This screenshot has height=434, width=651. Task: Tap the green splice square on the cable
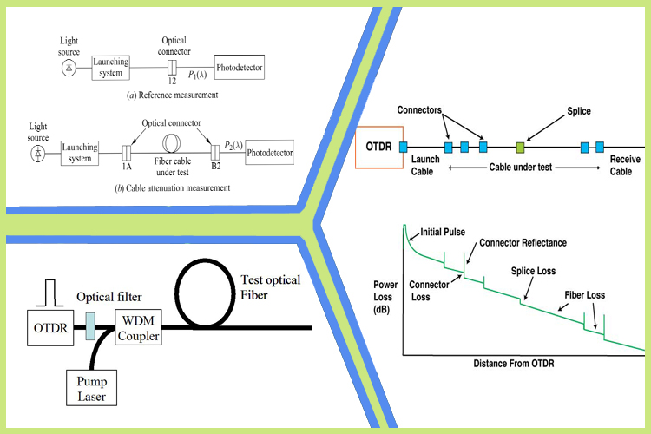pyautogui.click(x=520, y=147)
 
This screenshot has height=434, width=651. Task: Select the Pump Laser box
pyautogui.click(x=91, y=388)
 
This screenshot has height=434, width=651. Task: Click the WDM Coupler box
pyautogui.click(x=138, y=328)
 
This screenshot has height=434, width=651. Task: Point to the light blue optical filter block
pyautogui.click(x=90, y=326)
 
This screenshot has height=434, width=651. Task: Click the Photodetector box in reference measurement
pyautogui.click(x=240, y=68)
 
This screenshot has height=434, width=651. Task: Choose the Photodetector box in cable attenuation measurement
pyautogui.click(x=269, y=153)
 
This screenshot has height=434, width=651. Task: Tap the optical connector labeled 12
pyautogui.click(x=172, y=68)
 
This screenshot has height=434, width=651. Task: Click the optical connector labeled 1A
pyautogui.click(x=126, y=153)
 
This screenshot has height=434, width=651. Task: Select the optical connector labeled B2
pyautogui.click(x=215, y=153)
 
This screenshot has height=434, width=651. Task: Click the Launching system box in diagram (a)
pyautogui.click(x=110, y=68)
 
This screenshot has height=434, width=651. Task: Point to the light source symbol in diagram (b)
pyautogui.click(x=38, y=154)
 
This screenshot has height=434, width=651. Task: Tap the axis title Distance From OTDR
pyautogui.click(x=514, y=364)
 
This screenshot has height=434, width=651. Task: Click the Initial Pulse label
pyautogui.click(x=443, y=232)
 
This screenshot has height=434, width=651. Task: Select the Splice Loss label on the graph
pyautogui.click(x=533, y=271)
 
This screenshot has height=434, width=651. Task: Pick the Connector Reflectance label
pyautogui.click(x=523, y=243)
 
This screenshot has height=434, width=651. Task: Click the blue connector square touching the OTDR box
pyautogui.click(x=403, y=147)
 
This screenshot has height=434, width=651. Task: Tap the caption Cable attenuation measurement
pyautogui.click(x=178, y=188)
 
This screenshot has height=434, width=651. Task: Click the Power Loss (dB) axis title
pyautogui.click(x=385, y=297)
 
